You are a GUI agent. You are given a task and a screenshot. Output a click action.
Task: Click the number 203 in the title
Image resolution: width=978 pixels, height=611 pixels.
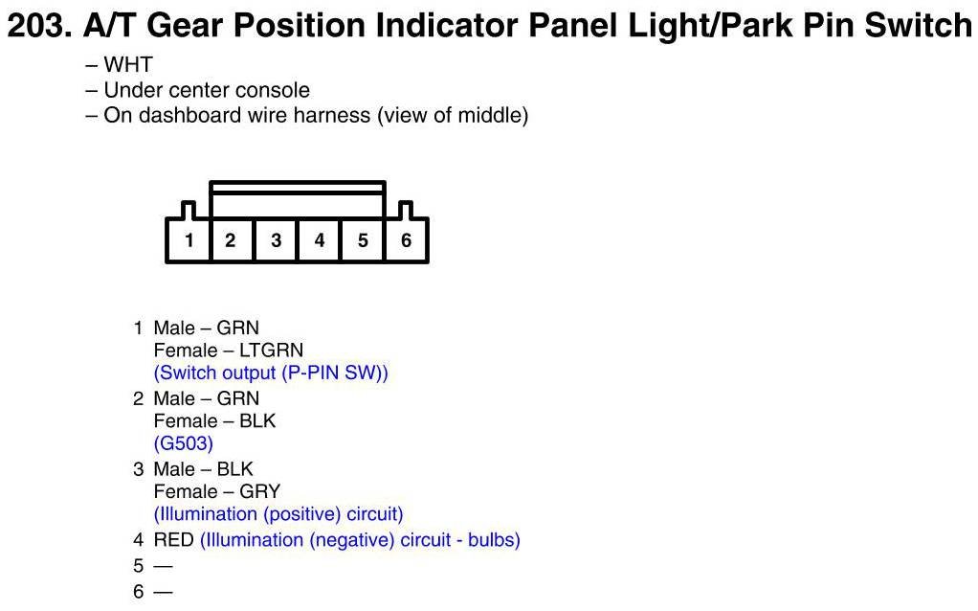click(x=38, y=26)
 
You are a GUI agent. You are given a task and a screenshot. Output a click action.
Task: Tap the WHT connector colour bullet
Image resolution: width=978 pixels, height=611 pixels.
click(x=119, y=64)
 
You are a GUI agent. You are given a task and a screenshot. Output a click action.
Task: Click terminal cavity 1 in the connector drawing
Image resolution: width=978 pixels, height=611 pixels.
click(x=189, y=240)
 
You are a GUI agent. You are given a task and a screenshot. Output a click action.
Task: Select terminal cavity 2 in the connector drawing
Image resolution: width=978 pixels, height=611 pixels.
click(x=231, y=240)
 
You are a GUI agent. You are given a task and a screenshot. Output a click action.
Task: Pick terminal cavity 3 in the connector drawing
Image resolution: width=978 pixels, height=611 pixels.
click(x=276, y=240)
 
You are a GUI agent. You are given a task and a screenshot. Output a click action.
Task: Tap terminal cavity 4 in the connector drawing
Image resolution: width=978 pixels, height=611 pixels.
click(x=320, y=240)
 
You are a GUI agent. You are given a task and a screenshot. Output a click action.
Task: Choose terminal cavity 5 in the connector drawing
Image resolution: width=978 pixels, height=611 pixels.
click(x=363, y=240)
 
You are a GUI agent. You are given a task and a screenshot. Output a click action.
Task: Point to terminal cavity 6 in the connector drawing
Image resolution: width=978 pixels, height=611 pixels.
click(x=406, y=240)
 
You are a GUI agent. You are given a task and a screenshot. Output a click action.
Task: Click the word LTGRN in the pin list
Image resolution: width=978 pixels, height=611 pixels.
click(x=272, y=351)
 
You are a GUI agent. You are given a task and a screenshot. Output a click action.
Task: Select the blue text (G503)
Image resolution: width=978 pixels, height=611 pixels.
click(x=184, y=443)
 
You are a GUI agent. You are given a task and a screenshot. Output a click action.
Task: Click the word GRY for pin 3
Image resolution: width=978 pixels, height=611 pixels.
click(x=260, y=492)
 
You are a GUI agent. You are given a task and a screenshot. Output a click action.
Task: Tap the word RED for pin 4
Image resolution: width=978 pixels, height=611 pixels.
click(x=174, y=540)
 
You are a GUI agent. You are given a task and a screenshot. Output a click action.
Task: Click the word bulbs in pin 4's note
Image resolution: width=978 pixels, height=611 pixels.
click(x=494, y=540)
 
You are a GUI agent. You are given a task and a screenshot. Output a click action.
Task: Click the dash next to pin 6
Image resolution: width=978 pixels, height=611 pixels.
click(x=163, y=592)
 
